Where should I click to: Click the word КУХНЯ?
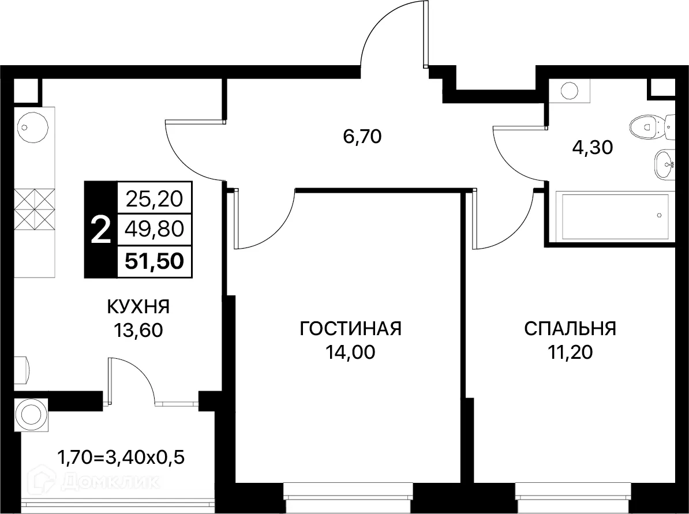tap(138, 307)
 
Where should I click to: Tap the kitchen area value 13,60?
tap(138, 330)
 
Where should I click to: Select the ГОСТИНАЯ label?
tap(350, 329)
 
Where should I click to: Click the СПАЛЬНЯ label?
tap(570, 329)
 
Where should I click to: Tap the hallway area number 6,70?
tap(363, 137)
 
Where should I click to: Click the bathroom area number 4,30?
tap(592, 147)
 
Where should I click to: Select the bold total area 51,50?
tap(155, 261)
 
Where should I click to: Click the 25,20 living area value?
tap(155, 199)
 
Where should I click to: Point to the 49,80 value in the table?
tap(155, 230)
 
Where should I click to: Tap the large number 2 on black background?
tap(100, 231)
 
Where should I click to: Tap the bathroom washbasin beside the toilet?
tap(665, 165)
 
